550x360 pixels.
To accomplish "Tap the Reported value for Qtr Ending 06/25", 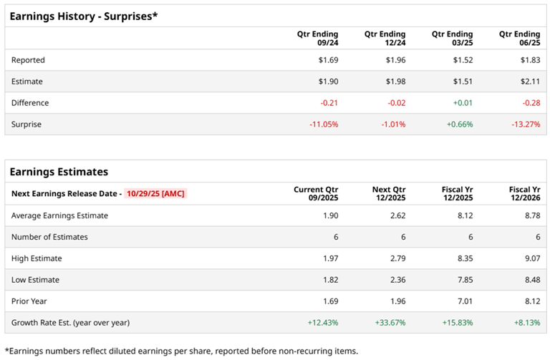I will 529,60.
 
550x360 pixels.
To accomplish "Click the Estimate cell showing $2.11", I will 529,82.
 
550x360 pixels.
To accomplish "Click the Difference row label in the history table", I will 30,103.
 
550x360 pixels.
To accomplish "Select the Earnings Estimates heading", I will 59,172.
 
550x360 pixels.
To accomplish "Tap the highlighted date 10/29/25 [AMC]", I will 155,194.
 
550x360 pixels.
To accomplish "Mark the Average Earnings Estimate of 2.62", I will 397,215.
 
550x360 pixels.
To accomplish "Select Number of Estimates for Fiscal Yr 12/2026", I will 536,237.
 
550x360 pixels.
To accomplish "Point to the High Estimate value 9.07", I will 531,258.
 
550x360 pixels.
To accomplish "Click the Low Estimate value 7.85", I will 464,280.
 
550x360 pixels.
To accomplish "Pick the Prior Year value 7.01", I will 464,301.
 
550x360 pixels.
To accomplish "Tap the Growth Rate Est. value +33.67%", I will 389,323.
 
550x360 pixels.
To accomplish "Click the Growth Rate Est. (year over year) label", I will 70,323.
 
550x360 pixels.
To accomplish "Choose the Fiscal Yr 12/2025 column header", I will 456,194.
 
